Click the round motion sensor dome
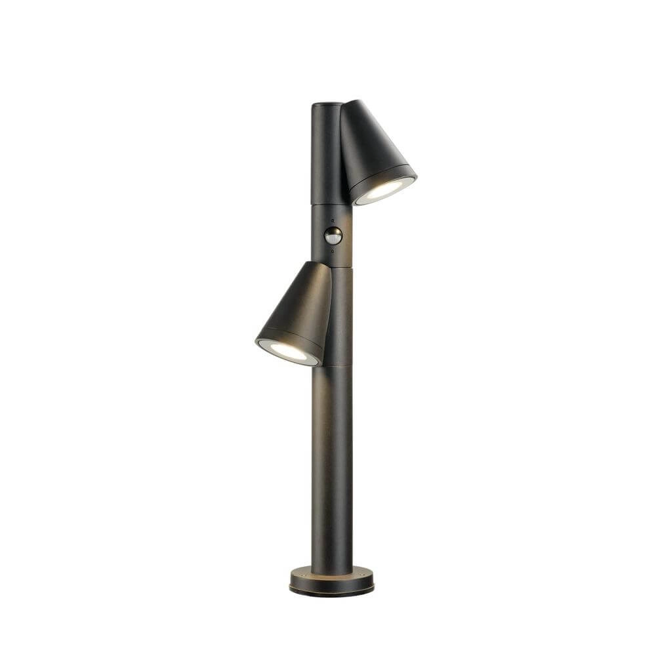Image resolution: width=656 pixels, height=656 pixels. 333,236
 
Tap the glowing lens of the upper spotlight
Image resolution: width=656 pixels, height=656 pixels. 384,190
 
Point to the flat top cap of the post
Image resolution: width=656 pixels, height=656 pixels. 326,104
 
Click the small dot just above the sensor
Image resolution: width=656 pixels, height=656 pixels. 333,220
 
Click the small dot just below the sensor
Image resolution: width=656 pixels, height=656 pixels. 333,251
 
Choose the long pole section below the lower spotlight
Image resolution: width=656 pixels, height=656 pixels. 332,466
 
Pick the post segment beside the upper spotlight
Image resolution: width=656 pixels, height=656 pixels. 325,154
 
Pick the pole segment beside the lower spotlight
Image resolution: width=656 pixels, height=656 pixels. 341,315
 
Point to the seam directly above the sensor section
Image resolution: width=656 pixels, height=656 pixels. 331,205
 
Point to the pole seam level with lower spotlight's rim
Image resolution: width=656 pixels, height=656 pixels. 337,365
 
